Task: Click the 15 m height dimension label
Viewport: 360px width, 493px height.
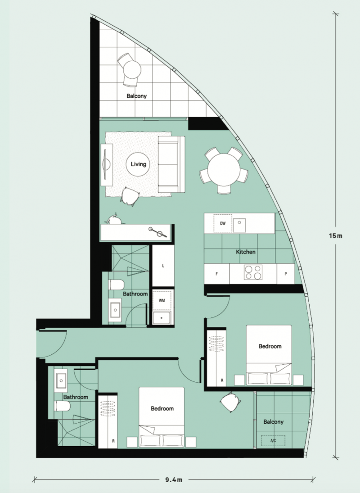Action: coord(336,236)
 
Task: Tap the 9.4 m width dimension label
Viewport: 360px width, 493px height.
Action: coord(174,480)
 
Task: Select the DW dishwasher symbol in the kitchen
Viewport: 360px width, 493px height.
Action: coord(223,224)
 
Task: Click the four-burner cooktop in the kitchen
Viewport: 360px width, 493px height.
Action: coord(253,272)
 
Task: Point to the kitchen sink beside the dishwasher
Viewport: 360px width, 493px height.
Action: coord(239,225)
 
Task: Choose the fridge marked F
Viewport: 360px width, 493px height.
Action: coord(216,274)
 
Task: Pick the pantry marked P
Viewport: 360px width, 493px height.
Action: coord(286,274)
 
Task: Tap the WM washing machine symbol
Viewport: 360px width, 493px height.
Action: coord(162,300)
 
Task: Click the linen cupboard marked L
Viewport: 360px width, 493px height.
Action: coord(163,266)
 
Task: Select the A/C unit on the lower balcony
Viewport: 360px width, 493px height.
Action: coord(273,440)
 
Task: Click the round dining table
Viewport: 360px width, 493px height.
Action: coord(224,170)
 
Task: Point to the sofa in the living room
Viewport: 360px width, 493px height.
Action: coord(171,164)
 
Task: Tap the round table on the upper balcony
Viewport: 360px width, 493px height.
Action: coord(132,70)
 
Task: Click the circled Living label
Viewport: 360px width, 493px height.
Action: coord(138,164)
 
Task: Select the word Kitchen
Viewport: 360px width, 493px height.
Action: coord(246,252)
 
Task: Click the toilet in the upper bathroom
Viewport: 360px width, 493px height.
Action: coord(116,285)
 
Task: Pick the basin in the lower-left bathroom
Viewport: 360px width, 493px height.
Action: coord(61,381)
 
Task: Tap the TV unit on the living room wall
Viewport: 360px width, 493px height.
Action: coord(107,165)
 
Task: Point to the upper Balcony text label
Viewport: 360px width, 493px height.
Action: coord(137,96)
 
